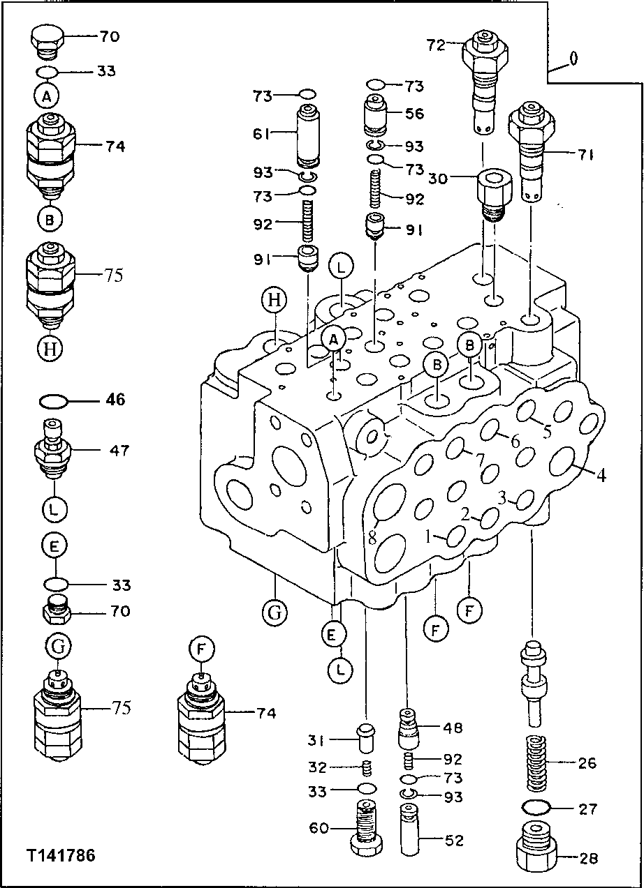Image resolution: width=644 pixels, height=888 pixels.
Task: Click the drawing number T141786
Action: click(61, 856)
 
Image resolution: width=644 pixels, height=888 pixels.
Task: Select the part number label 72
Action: click(436, 46)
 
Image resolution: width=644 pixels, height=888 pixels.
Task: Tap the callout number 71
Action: click(585, 156)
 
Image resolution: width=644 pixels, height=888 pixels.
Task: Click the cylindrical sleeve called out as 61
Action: click(307, 135)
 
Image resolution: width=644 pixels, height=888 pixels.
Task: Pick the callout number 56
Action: click(414, 114)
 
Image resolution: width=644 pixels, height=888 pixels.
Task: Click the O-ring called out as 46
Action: click(54, 401)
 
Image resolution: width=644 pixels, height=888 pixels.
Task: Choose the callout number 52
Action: click(454, 841)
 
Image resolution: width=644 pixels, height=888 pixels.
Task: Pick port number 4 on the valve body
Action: click(601, 476)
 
